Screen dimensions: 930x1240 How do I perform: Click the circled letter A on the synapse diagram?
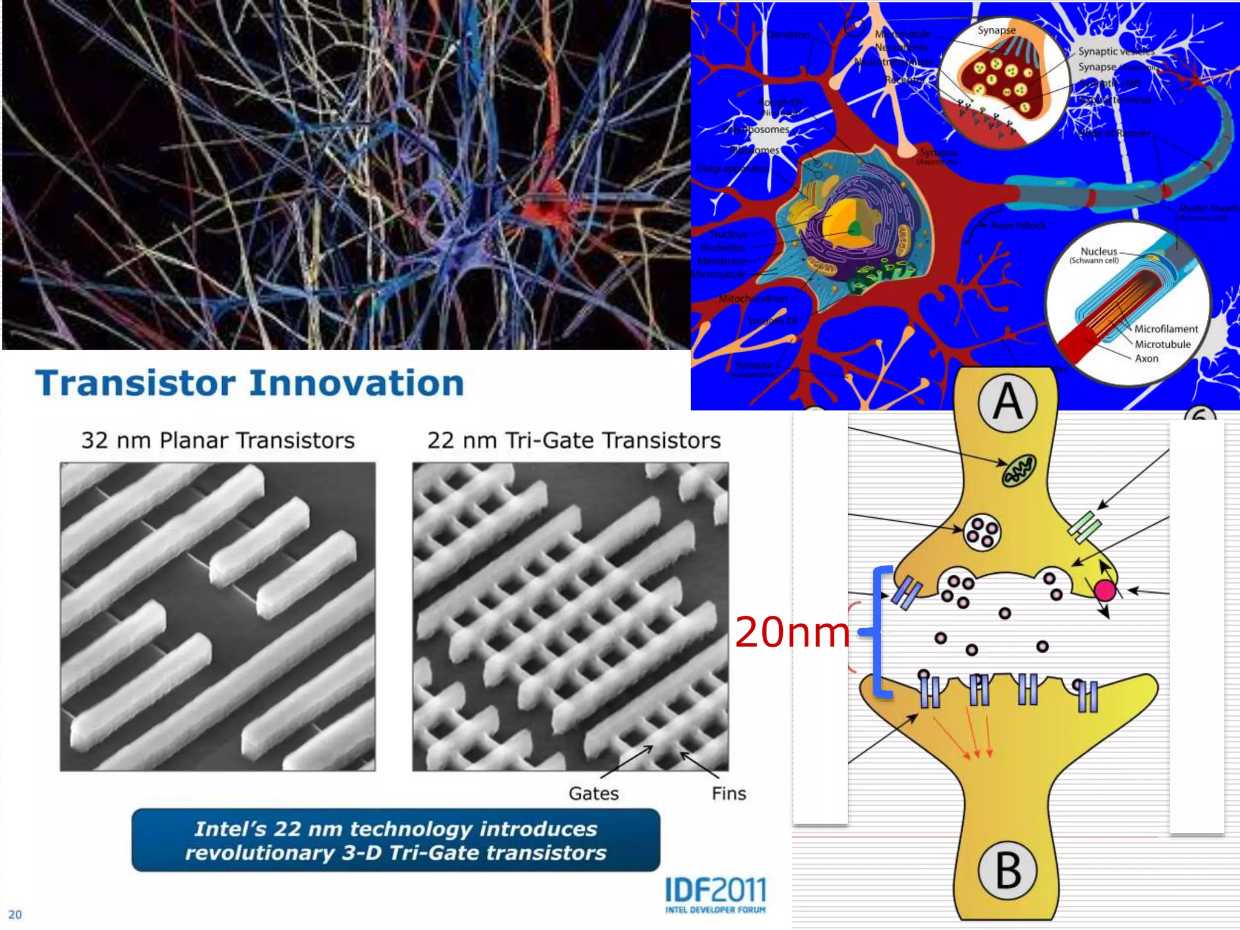pos(1007,403)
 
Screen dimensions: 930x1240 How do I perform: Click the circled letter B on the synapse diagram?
pos(1008,871)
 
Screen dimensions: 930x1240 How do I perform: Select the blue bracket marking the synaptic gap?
pos(879,632)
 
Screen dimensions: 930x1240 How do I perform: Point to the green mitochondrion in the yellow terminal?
pos(1019,471)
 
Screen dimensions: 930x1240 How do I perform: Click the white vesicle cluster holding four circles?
pos(981,533)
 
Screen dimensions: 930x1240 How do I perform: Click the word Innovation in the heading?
pos(357,384)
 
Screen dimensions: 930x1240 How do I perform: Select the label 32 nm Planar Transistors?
pos(218,440)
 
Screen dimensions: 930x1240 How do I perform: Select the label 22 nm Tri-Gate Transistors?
pos(573,440)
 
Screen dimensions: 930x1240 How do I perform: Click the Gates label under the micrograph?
pos(593,793)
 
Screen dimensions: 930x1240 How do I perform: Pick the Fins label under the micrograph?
pos(728,793)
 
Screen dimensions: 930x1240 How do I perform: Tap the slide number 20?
pos(15,914)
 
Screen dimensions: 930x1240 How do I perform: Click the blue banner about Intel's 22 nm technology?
pos(395,840)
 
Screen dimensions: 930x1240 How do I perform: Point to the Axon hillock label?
pos(1018,225)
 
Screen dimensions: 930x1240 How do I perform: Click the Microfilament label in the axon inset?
pos(1166,329)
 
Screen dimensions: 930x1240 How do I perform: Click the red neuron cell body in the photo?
pos(545,206)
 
